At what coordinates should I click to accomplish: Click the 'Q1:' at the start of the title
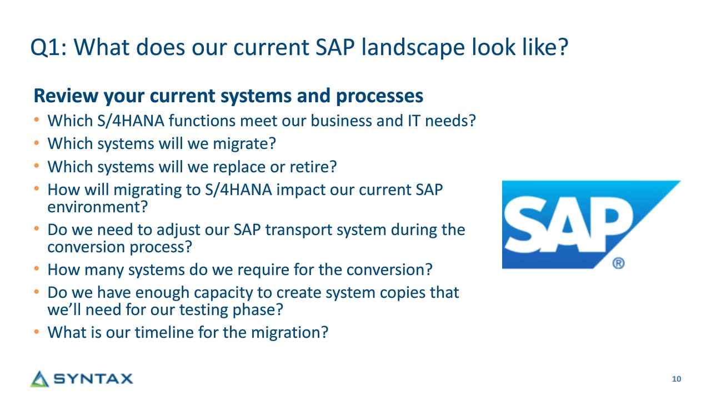[48, 48]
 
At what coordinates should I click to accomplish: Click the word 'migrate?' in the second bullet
[244, 144]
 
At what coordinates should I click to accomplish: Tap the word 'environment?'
[98, 207]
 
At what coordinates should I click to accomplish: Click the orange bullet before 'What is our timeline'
[37, 332]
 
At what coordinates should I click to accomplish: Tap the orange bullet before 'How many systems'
[37, 269]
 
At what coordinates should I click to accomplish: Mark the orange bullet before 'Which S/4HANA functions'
[37, 120]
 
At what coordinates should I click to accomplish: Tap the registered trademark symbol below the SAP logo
[618, 263]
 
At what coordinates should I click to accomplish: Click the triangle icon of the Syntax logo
[39, 379]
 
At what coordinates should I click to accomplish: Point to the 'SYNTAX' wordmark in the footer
[93, 379]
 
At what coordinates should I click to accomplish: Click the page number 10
[677, 379]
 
